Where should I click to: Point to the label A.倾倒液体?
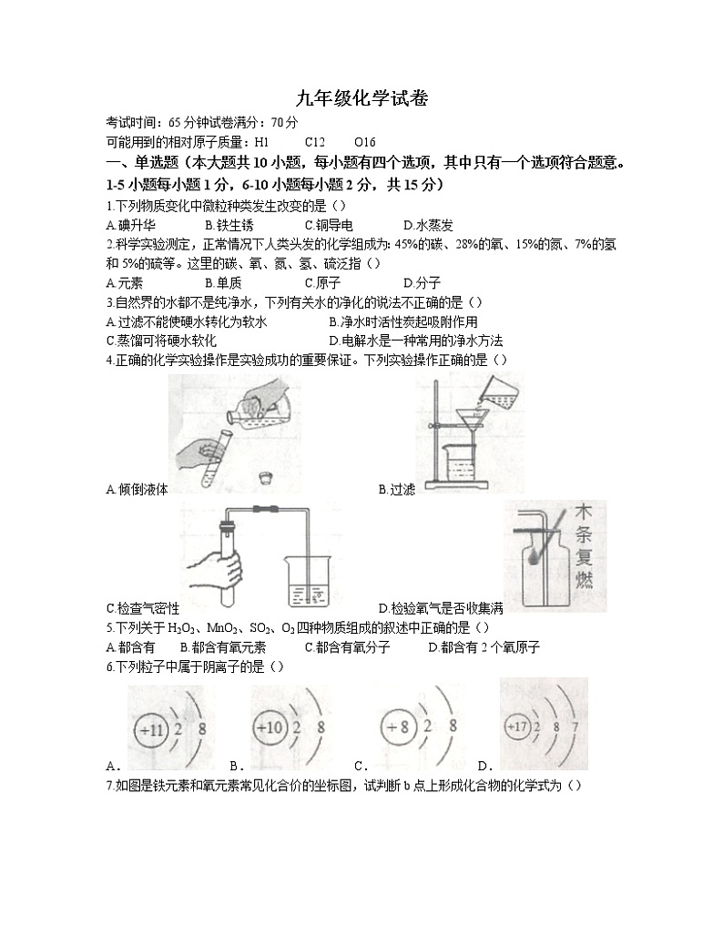coord(137,490)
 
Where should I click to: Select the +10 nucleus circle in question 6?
coord(270,729)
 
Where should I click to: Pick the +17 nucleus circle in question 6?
coord(518,726)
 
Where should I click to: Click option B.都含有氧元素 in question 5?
coord(223,647)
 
